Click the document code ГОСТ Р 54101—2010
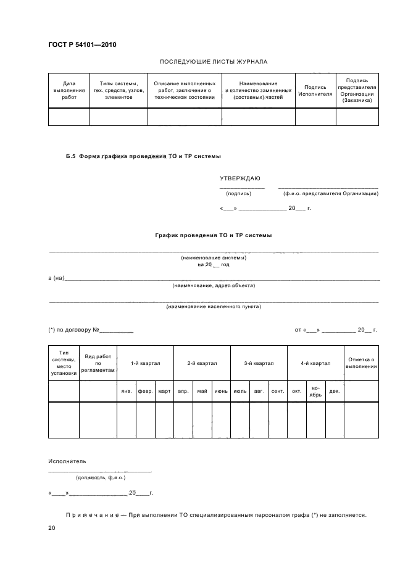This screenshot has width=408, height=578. tap(81, 46)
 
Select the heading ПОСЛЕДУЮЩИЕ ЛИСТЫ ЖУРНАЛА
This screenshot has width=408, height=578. tap(213, 62)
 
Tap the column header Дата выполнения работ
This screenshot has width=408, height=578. tap(69, 90)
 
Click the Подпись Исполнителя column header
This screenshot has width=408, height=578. tap(315, 91)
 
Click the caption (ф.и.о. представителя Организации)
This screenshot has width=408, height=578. tap(330, 193)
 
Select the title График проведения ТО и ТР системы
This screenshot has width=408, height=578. tap(213, 235)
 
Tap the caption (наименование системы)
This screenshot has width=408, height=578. tap(213, 258)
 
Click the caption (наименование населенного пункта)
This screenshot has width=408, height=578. tap(213, 306)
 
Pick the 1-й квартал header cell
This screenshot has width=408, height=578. tap(145, 364)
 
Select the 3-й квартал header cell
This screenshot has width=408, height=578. tap(259, 364)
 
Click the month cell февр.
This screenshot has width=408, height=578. tap(145, 391)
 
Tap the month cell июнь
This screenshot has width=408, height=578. tap(220, 391)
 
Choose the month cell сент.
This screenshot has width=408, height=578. tap(277, 391)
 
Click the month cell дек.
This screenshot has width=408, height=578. tap(334, 391)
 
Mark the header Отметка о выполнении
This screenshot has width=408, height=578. tap(361, 363)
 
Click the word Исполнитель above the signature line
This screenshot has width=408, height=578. tap(67, 461)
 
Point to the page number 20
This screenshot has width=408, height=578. tap(52, 528)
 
